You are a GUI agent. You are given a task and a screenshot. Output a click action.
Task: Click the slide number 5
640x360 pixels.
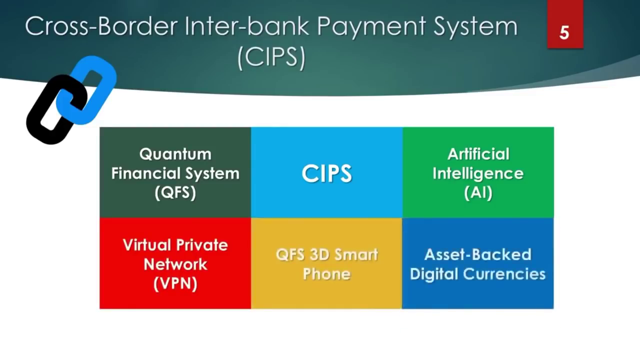click(564, 32)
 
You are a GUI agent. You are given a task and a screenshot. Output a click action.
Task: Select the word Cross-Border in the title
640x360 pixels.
click(100, 26)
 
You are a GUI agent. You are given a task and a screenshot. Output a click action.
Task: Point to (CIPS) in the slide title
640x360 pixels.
click(271, 57)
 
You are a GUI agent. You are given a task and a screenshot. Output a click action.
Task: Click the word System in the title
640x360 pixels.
click(475, 26)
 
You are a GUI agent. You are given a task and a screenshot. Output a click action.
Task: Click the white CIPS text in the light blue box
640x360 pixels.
click(326, 173)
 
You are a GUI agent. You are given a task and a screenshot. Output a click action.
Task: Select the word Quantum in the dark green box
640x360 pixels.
click(175, 154)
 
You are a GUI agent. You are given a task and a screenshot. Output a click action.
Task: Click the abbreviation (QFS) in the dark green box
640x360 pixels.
click(175, 192)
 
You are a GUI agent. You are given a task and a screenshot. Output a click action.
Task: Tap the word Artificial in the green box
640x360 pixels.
click(478, 154)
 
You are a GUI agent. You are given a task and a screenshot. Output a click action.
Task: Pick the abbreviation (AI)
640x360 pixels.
click(478, 192)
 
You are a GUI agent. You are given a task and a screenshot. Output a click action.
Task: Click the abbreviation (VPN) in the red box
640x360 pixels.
click(175, 283)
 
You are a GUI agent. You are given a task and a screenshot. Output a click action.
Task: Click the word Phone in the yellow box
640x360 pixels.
click(326, 274)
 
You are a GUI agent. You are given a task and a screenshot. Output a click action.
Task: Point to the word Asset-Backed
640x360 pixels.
click(477, 254)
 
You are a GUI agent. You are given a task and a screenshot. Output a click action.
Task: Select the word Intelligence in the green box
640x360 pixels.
click(478, 173)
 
